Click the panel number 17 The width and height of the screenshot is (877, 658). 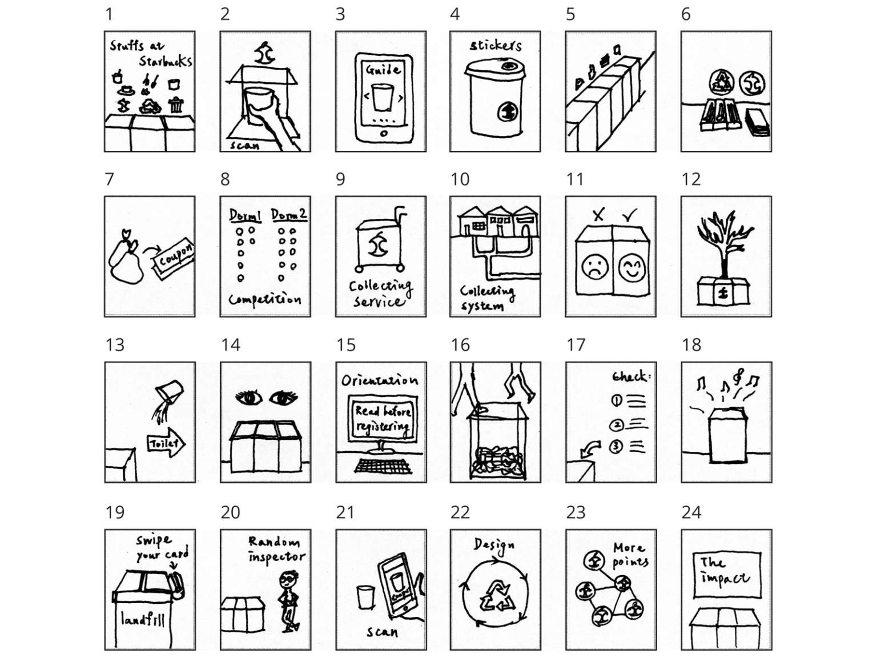point(576,345)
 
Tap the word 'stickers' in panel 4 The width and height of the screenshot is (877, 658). point(496,45)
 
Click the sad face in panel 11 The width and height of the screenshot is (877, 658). point(594,267)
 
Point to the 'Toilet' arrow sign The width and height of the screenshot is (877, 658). point(166,443)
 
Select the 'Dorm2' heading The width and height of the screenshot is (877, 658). point(288,215)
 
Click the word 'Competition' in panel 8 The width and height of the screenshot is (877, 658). point(265,299)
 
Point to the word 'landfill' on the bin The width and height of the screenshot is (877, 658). point(143,619)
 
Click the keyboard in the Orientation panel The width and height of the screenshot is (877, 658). point(383,466)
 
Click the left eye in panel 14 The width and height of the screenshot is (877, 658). point(246,398)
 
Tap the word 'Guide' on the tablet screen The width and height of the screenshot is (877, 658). point(383,70)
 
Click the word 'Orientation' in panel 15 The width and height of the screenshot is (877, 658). point(379,380)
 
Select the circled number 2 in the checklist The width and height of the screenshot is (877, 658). point(616,424)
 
